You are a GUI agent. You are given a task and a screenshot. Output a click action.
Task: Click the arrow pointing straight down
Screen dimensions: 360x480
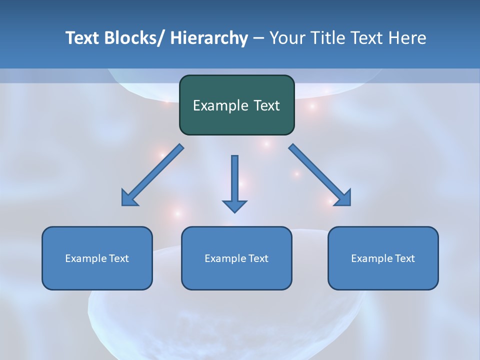click(x=234, y=182)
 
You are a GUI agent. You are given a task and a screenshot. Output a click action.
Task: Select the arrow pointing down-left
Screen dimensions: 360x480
click(x=152, y=175)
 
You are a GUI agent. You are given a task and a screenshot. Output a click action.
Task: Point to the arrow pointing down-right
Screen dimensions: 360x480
click(x=319, y=175)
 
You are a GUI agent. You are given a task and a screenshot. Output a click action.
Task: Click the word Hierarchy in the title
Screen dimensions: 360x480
click(x=209, y=38)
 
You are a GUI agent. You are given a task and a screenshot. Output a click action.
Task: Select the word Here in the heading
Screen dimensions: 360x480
click(x=407, y=38)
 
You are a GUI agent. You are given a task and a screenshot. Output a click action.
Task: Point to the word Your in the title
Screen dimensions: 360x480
click(x=287, y=38)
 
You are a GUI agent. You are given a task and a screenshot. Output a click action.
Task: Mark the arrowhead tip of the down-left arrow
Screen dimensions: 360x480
click(x=122, y=205)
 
